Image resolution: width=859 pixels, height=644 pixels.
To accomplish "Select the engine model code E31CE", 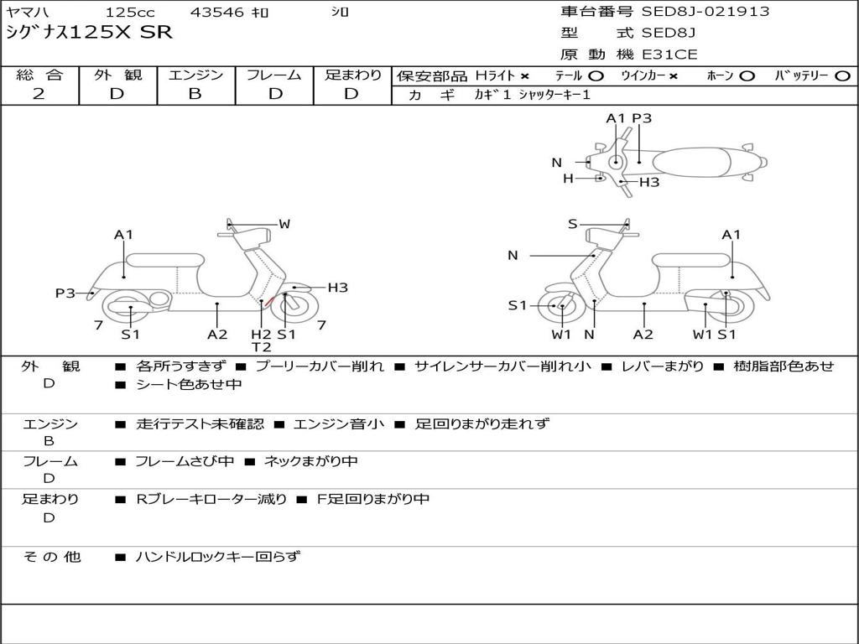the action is point(669,55).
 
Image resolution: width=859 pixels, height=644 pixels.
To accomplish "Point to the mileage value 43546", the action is point(217,12).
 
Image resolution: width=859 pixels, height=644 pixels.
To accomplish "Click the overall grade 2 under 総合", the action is point(39,94).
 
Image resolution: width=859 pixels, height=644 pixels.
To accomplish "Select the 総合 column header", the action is point(39,75).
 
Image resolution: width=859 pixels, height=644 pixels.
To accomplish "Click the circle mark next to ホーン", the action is point(747,76).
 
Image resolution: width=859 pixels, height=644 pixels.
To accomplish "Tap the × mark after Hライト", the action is point(524,76).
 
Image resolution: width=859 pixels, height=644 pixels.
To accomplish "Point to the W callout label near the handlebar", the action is point(284,224).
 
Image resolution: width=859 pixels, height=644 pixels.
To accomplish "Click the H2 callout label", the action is point(262,335).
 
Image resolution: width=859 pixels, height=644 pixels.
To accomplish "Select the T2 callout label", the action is point(262,347).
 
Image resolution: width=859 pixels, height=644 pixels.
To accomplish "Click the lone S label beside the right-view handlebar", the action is point(572,224).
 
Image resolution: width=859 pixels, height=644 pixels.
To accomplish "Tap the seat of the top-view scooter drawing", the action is point(696,161).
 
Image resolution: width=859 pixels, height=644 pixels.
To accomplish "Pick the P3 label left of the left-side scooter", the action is point(65,293).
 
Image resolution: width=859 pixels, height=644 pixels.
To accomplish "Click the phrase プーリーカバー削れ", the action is point(319,366).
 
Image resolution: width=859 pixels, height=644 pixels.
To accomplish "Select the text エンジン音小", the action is point(339,424).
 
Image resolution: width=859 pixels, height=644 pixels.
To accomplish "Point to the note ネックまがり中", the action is point(311,461).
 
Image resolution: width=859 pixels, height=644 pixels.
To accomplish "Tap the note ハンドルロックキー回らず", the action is point(217,556).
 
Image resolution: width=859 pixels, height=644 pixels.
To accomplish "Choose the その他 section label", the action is point(51,556).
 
